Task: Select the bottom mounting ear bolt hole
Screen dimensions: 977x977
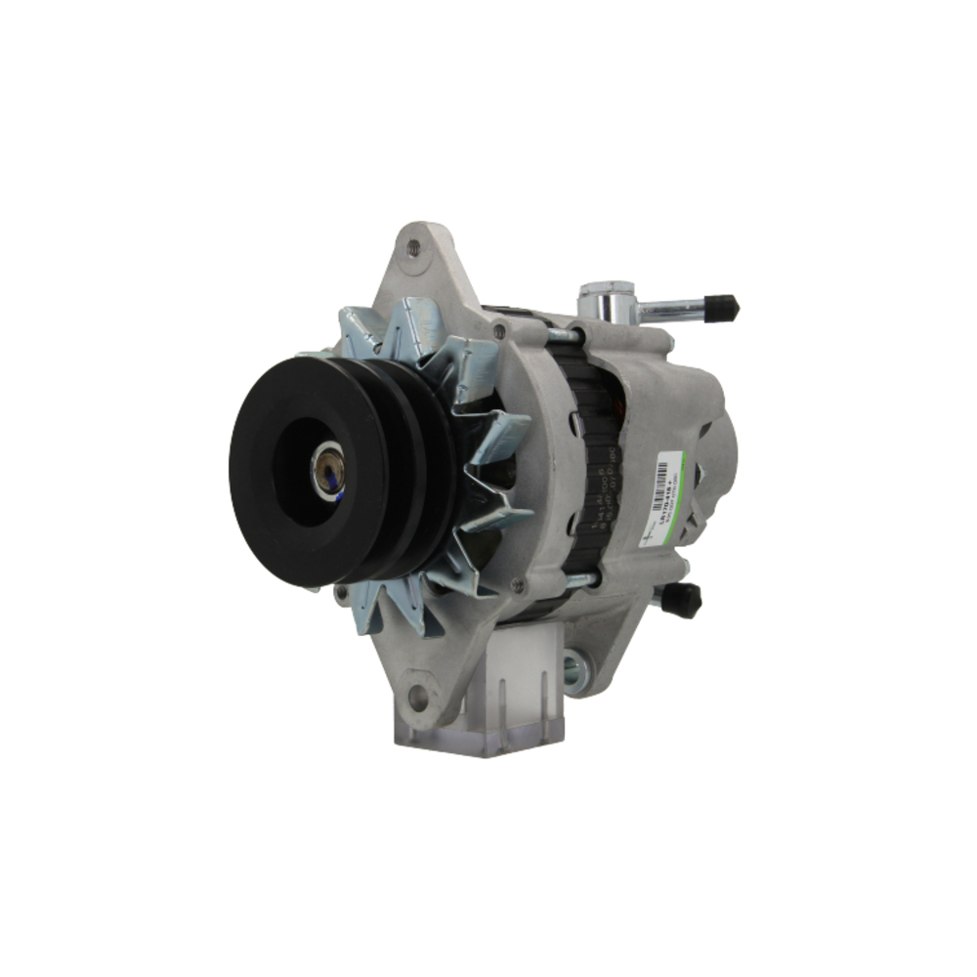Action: point(418,696)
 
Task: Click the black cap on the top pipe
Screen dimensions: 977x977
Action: point(725,307)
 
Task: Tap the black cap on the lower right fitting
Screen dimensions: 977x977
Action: point(681,599)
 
